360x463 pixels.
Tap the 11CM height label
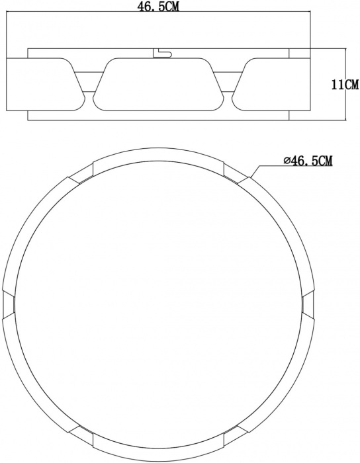point(345,85)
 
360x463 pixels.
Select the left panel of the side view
point(43,85)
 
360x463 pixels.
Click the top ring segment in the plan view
point(159,157)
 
